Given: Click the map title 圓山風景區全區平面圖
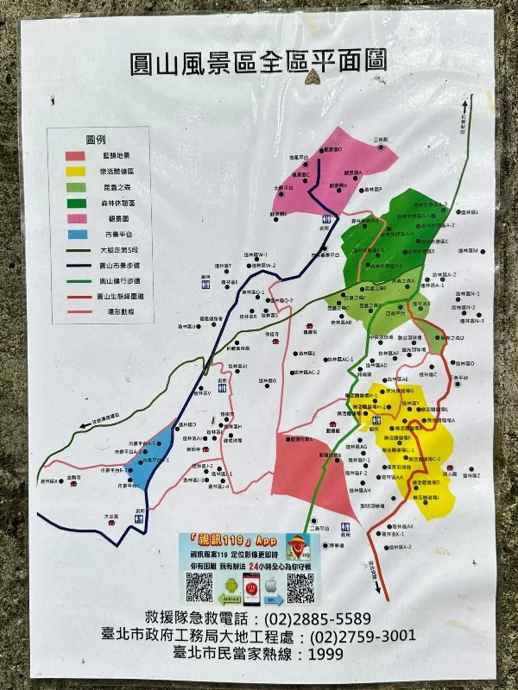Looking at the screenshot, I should tap(257, 62).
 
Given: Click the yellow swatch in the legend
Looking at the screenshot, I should tap(76, 171).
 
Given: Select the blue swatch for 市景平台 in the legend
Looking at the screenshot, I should tap(76, 233).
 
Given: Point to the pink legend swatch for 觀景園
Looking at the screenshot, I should tap(76, 217).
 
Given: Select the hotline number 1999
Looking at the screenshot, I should tap(325, 653).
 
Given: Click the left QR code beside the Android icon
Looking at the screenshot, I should tap(199, 587).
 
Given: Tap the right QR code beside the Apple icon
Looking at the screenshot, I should tap(300, 587).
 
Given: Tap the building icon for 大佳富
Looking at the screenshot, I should tap(112, 523).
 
